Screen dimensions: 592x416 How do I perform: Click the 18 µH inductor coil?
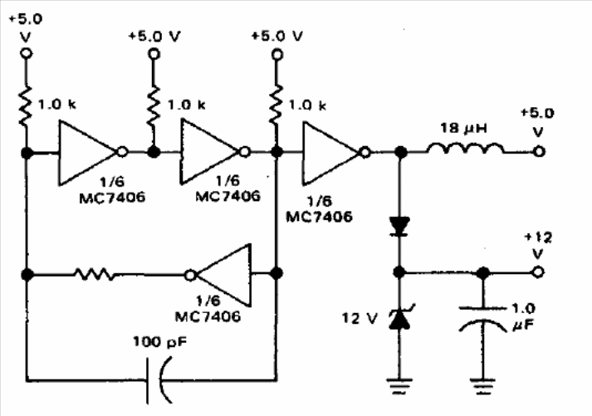coord(466,149)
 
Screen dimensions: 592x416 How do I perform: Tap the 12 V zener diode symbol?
coord(399,317)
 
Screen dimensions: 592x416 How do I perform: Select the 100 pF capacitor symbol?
coord(158,380)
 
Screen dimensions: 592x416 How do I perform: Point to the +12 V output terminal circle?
coord(538,272)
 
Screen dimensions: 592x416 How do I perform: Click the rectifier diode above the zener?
coord(399,227)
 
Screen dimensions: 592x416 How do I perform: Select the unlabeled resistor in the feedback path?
coord(95,275)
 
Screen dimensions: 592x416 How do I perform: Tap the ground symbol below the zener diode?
coord(399,385)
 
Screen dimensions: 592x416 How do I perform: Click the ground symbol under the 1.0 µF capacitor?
coord(482,386)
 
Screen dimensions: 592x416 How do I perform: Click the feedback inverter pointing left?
coord(218,275)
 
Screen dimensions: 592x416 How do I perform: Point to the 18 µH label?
coord(463,128)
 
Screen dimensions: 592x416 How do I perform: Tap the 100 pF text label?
coord(159,342)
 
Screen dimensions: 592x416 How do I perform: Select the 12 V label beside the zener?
coord(360,318)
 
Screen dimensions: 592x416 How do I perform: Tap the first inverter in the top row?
coord(93,153)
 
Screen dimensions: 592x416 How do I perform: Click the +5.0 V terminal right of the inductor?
coord(539,151)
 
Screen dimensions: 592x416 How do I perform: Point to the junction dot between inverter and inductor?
coord(400,153)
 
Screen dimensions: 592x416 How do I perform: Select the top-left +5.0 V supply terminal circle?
coord(26,53)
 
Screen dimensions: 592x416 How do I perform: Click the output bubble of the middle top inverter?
coord(245,152)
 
